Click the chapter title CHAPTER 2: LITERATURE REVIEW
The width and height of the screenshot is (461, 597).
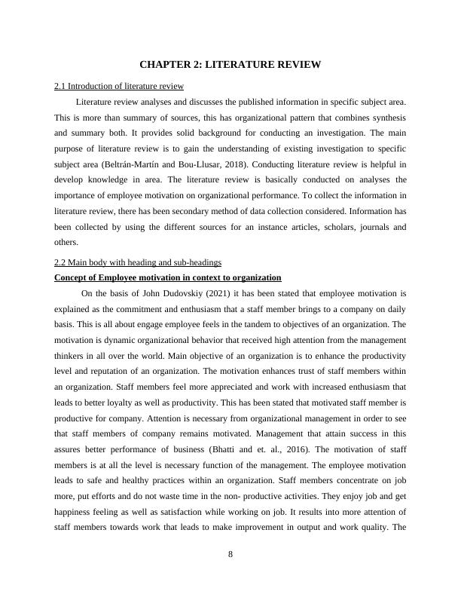pos(230,65)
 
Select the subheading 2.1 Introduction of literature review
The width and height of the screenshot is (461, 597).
pos(119,87)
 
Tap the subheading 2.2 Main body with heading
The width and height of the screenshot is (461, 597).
pos(138,262)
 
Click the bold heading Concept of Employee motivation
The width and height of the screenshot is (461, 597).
pos(167,277)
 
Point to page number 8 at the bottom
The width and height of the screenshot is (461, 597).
pos(230,555)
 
